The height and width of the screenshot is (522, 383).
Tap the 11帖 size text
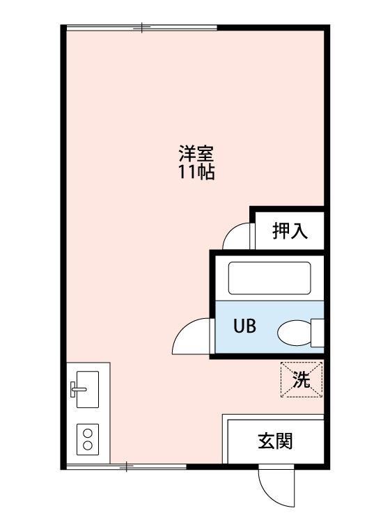pyautogui.click(x=196, y=173)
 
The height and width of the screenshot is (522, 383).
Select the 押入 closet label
pyautogui.click(x=290, y=230)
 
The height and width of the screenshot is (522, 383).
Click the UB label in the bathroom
pyautogui.click(x=245, y=326)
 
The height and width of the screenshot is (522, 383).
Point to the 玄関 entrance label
pyautogui.click(x=276, y=441)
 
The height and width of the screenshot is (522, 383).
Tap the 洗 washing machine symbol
pyautogui.click(x=302, y=380)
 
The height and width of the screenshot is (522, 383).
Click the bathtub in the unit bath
pyautogui.click(x=269, y=278)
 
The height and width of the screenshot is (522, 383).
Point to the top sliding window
pyautogui.click(x=141, y=28)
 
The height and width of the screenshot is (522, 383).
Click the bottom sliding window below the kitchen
pyautogui.click(x=126, y=466)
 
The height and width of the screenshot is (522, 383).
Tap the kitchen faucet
pyautogui.click(x=78, y=390)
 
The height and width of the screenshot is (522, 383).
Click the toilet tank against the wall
pyautogui.click(x=318, y=333)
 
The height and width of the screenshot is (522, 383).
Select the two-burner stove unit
pyautogui.click(x=88, y=439)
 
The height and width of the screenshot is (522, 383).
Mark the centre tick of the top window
pyautogui.click(x=141, y=28)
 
